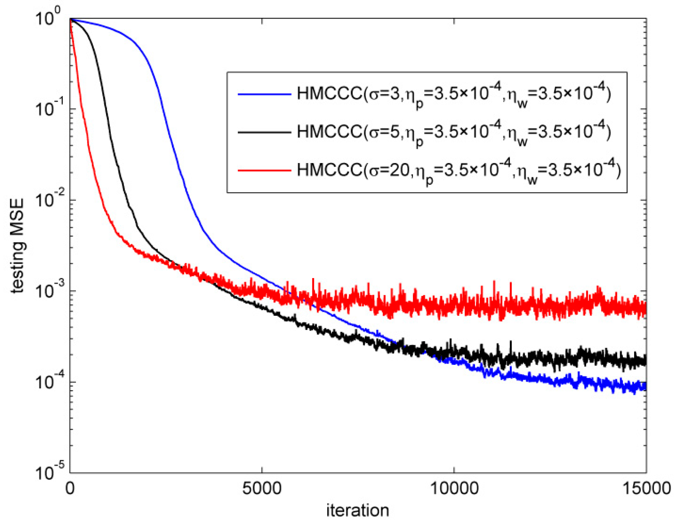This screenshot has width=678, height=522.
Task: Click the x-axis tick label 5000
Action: tap(262, 489)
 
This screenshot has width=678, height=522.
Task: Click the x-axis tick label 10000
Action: tap(454, 489)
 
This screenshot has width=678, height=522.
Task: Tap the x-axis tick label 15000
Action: tap(646, 489)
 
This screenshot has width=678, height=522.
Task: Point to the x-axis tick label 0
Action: tap(70, 489)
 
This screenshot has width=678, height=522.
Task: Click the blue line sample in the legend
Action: tap(264, 94)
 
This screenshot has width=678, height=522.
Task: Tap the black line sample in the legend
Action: tap(264, 132)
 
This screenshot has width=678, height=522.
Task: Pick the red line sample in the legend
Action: tap(264, 170)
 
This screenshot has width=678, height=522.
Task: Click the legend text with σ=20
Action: tap(458, 171)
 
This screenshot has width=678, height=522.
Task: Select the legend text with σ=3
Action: tap(454, 94)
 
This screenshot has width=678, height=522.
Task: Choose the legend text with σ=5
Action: tap(454, 132)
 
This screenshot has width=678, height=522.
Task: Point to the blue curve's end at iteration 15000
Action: tap(645, 386)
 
